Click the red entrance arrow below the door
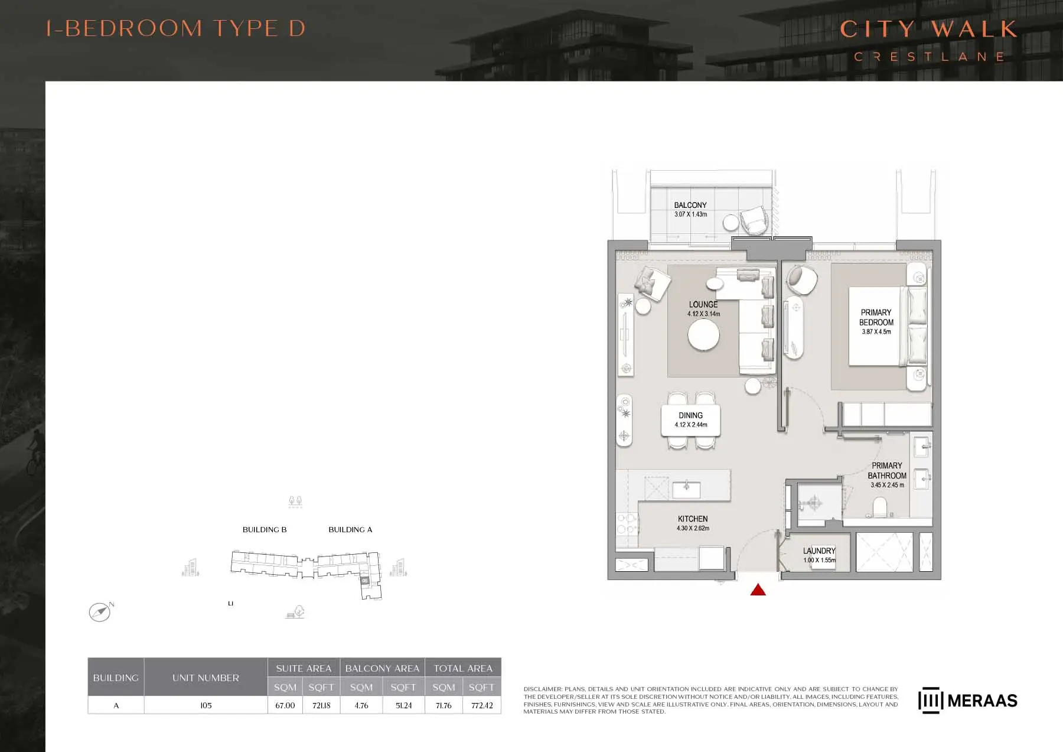(x=758, y=590)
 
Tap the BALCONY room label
(x=690, y=205)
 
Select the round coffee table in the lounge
(x=703, y=336)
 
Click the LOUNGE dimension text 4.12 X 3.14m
(x=703, y=314)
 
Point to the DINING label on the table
(x=690, y=415)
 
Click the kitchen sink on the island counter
(x=686, y=490)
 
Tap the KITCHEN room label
(x=693, y=519)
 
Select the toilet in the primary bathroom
(x=880, y=507)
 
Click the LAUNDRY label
(x=819, y=551)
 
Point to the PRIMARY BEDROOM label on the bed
(x=876, y=317)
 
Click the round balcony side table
(x=731, y=222)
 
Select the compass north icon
(x=100, y=612)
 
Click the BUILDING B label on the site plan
(x=265, y=530)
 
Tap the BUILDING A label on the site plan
(x=350, y=530)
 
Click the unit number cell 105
(x=206, y=705)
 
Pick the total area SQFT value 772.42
(x=482, y=705)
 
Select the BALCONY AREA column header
(x=382, y=668)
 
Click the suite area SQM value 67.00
(x=285, y=705)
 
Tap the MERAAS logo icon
(x=930, y=700)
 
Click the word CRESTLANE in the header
(x=929, y=57)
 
